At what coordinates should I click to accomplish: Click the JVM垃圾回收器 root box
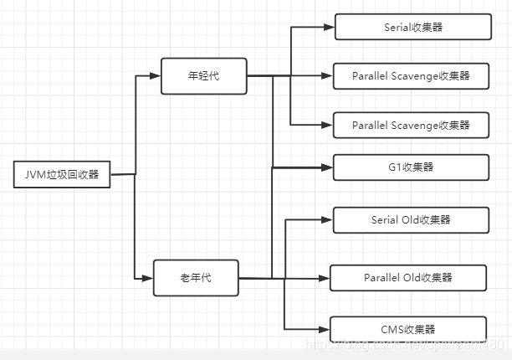62,175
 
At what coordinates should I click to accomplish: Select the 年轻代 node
203,75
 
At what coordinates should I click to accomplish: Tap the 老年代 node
195,278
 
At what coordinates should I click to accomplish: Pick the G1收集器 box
410,167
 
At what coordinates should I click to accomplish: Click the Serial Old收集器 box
410,220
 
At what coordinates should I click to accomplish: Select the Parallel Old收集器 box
407,277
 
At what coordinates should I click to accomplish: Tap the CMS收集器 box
407,329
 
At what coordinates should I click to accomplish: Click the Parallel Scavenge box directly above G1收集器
410,125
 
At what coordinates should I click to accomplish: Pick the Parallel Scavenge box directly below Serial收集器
410,76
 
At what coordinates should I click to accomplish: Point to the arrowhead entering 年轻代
155,75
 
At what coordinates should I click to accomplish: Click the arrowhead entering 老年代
148,278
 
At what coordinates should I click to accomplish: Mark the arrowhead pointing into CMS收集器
325,329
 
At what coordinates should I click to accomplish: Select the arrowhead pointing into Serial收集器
330,27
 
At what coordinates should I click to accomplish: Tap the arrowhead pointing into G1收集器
329,167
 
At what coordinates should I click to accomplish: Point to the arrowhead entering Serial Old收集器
329,220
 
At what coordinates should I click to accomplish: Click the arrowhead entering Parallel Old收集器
325,277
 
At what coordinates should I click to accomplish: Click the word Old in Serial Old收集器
411,220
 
